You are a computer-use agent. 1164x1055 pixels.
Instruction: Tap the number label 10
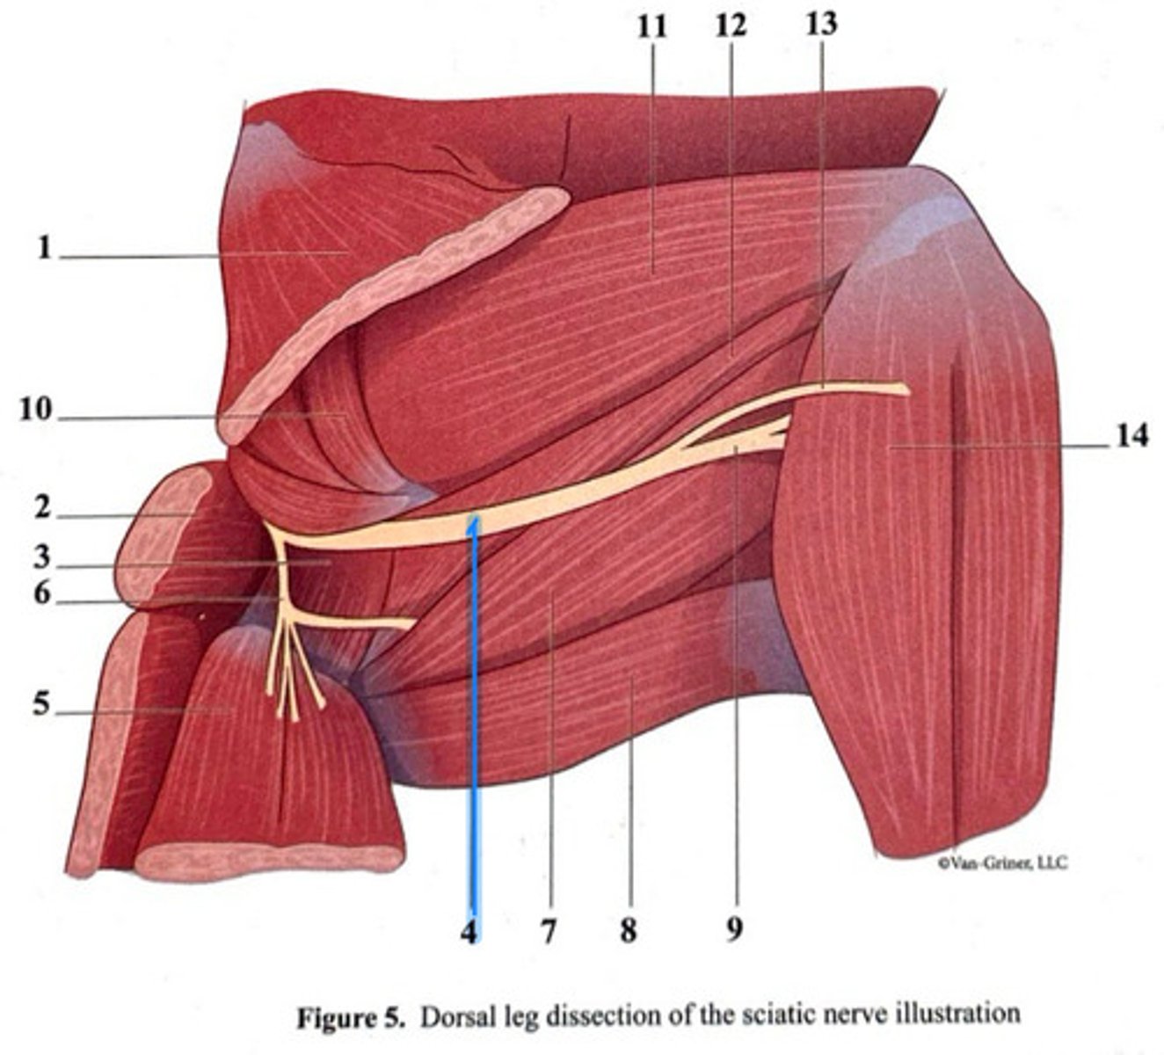35,411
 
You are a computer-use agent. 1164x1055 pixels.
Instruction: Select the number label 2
41,508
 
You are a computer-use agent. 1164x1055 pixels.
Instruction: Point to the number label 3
41,557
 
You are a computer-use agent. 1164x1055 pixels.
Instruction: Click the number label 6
41,594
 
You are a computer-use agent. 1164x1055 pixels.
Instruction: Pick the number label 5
41,703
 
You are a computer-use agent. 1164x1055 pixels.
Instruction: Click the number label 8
628,929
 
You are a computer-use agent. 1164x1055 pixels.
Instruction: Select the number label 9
734,928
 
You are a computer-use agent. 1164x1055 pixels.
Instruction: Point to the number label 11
652,26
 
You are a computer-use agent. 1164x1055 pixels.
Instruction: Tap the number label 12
730,25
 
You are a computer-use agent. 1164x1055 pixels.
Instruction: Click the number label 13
822,24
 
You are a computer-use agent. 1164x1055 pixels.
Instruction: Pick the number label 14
1132,435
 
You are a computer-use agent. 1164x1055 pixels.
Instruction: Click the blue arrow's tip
474,520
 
